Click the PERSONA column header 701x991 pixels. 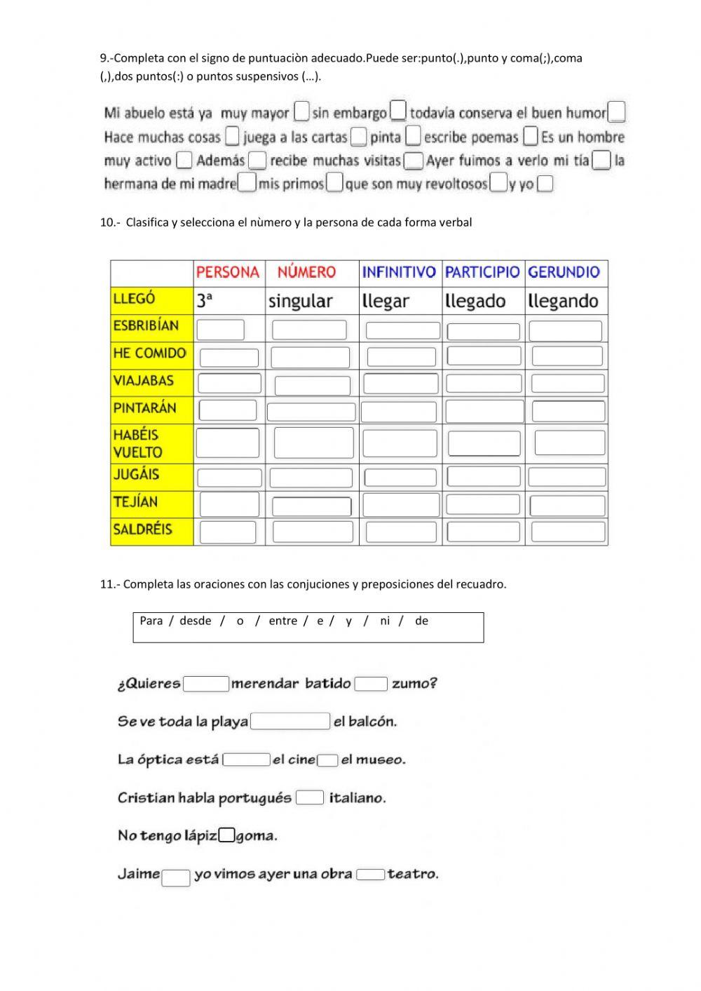228,273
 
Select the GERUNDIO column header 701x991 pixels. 564,273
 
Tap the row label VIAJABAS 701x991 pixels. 143,381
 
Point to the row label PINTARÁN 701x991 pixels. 144,408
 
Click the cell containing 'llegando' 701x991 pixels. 564,301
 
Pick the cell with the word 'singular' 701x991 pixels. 301,301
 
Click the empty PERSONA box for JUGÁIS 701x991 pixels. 229,478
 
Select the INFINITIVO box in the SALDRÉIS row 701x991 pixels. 401,532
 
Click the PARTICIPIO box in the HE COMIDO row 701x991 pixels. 484,356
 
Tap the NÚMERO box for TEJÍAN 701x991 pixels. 312,506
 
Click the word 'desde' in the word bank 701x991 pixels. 195,621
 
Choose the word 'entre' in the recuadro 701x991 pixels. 283,621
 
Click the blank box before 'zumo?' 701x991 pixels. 371,684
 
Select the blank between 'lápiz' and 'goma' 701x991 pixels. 226,835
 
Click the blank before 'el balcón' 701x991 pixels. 290,721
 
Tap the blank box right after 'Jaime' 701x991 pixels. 176,877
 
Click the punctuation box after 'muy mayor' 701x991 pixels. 301,112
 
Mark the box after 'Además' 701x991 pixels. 257,161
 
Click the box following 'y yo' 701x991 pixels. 545,184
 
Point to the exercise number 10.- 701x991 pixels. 110,222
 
